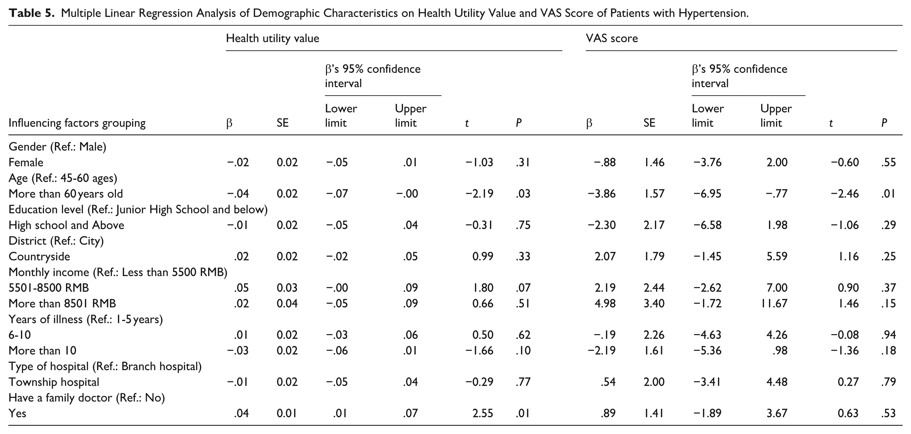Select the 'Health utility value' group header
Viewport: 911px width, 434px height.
click(272, 38)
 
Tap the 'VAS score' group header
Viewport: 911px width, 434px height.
click(612, 38)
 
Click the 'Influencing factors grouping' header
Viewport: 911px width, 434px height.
click(77, 123)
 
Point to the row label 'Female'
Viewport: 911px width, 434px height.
click(26, 162)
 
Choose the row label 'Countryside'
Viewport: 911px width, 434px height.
click(39, 256)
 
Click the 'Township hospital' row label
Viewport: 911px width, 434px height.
click(54, 382)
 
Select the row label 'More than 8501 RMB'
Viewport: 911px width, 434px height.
click(62, 303)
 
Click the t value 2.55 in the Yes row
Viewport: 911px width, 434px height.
click(483, 413)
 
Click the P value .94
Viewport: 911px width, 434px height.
click(888, 335)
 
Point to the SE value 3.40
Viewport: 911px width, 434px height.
click(654, 303)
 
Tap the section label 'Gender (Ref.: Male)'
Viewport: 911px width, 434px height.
click(57, 147)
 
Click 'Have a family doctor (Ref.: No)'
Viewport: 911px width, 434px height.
click(87, 398)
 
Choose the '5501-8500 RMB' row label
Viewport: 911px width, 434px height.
click(49, 288)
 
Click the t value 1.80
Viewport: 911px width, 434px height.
click(483, 288)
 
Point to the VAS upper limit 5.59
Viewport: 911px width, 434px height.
click(777, 256)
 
